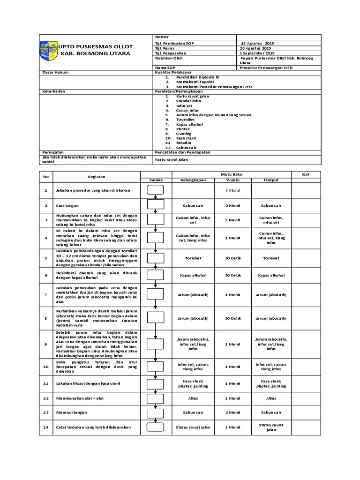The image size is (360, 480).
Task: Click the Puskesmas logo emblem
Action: click(48, 50)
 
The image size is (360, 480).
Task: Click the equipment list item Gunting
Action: click(183, 134)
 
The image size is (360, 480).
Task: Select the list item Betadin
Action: click(184, 142)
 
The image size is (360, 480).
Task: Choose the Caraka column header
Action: click(155, 180)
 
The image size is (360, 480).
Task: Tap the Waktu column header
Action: click(232, 180)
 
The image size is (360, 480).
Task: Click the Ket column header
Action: click(306, 174)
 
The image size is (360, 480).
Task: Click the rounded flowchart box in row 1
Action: click(155, 190)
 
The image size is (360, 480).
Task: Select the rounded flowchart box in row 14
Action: click(155, 427)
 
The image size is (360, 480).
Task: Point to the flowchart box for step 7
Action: click(155, 294)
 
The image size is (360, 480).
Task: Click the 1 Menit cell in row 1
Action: click(232, 190)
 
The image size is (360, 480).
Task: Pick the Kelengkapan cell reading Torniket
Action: click(193, 258)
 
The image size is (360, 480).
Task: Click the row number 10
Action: click(46, 367)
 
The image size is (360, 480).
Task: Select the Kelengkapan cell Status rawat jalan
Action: click(193, 427)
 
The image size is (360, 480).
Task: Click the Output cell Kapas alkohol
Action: click(271, 276)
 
